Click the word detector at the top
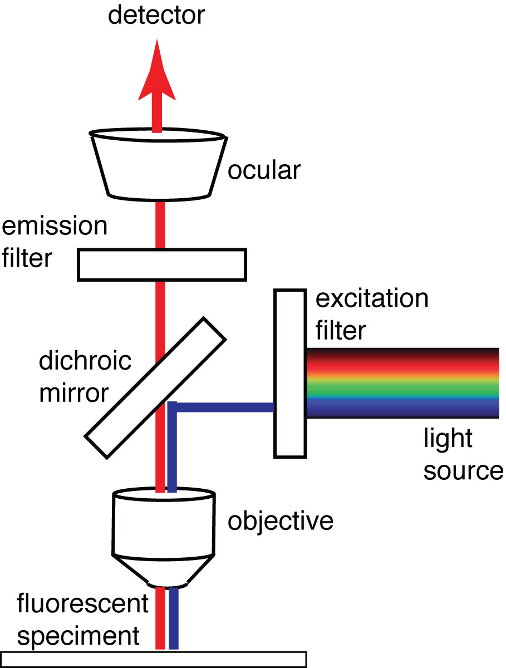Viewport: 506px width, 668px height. [x=156, y=16]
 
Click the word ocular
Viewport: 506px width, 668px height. [x=264, y=170]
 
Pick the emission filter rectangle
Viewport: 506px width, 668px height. [x=161, y=264]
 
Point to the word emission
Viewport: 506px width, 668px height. [x=54, y=227]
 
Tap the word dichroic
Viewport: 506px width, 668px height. [x=85, y=361]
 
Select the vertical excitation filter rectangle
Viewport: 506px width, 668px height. [x=289, y=373]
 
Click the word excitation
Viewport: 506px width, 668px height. [x=372, y=299]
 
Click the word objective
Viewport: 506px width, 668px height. [x=281, y=522]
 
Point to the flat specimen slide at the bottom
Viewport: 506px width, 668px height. [x=154, y=659]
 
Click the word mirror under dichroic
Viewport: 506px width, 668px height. [x=73, y=393]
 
